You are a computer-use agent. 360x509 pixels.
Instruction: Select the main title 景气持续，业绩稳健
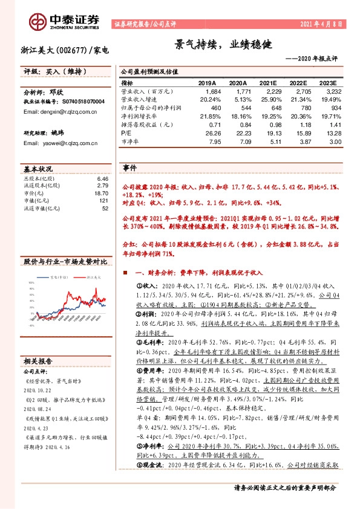click(224, 45)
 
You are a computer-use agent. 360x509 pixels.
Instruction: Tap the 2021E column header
click(270, 82)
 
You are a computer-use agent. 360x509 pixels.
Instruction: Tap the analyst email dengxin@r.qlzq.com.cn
click(53, 111)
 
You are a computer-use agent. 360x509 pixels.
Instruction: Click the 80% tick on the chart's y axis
click(30, 290)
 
